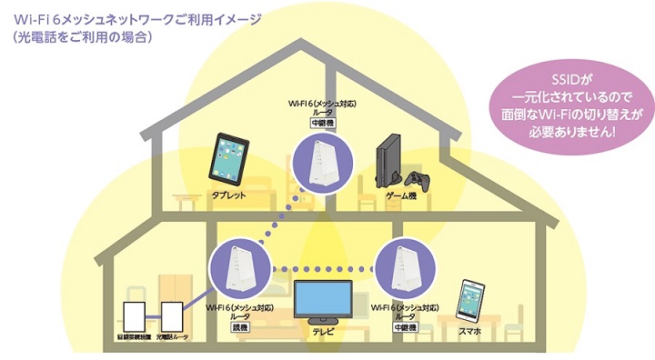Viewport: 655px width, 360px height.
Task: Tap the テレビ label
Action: point(325,333)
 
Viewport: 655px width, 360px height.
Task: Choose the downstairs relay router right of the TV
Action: point(401,268)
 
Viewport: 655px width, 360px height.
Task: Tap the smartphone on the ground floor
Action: point(470,302)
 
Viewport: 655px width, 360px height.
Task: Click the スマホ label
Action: point(470,334)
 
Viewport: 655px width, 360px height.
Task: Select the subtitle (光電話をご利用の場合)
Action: point(82,38)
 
